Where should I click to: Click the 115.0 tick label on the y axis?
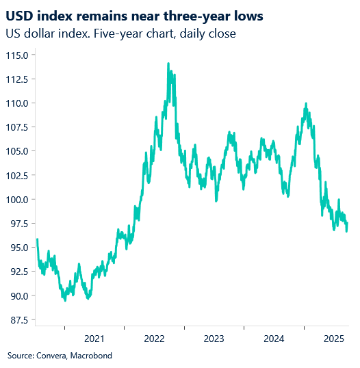(16, 55)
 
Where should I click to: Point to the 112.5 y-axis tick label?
(16, 79)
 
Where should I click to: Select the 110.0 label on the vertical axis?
(16, 103)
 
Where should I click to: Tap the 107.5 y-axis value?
(16, 127)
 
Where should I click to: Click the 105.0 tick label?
(16, 151)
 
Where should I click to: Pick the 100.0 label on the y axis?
(16, 200)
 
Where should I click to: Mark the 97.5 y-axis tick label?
(18, 224)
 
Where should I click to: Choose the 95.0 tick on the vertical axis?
(18, 248)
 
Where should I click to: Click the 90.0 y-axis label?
(18, 296)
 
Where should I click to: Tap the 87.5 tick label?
(18, 320)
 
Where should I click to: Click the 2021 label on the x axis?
(94, 339)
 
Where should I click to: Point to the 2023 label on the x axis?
(214, 339)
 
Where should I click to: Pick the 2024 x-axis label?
(274, 339)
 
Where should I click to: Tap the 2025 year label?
(333, 339)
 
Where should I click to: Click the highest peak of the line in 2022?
(168, 64)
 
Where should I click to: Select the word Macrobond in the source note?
(90, 356)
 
